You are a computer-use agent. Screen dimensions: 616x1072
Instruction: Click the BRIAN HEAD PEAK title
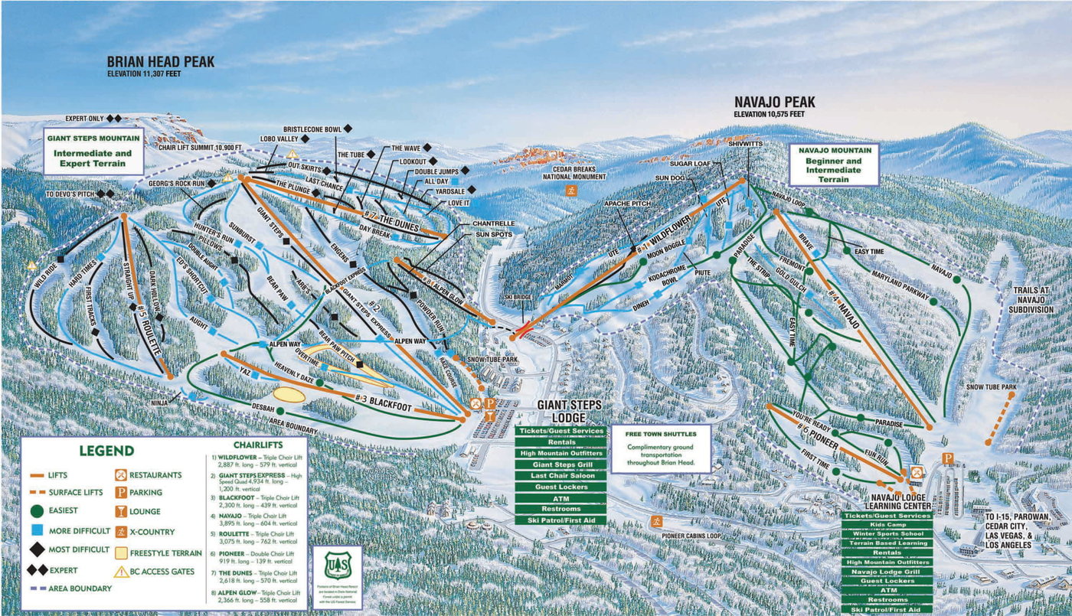(x=161, y=62)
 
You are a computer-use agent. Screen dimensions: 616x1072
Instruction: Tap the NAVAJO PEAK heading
(x=775, y=102)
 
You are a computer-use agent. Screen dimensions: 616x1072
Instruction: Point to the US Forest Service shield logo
(x=338, y=565)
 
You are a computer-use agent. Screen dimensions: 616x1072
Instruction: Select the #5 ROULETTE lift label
(x=149, y=333)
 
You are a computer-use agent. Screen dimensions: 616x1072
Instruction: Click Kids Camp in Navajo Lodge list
(x=886, y=525)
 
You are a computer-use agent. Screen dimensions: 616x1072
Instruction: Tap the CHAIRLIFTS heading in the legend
(x=257, y=445)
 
